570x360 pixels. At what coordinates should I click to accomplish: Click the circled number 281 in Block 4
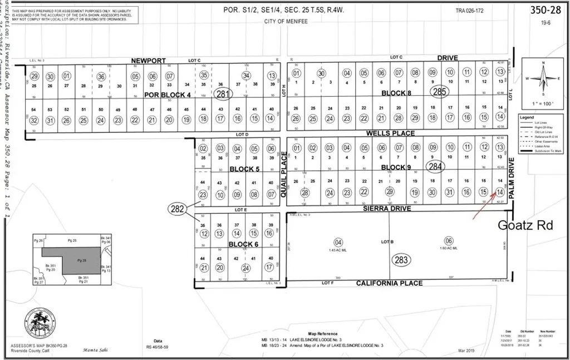click(223, 93)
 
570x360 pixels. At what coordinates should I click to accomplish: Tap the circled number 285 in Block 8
click(439, 92)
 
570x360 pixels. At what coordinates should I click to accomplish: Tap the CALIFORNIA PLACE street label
click(389, 283)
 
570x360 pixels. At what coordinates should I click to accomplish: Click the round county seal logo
click(40, 324)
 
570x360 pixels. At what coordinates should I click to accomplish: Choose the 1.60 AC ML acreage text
click(449, 248)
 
